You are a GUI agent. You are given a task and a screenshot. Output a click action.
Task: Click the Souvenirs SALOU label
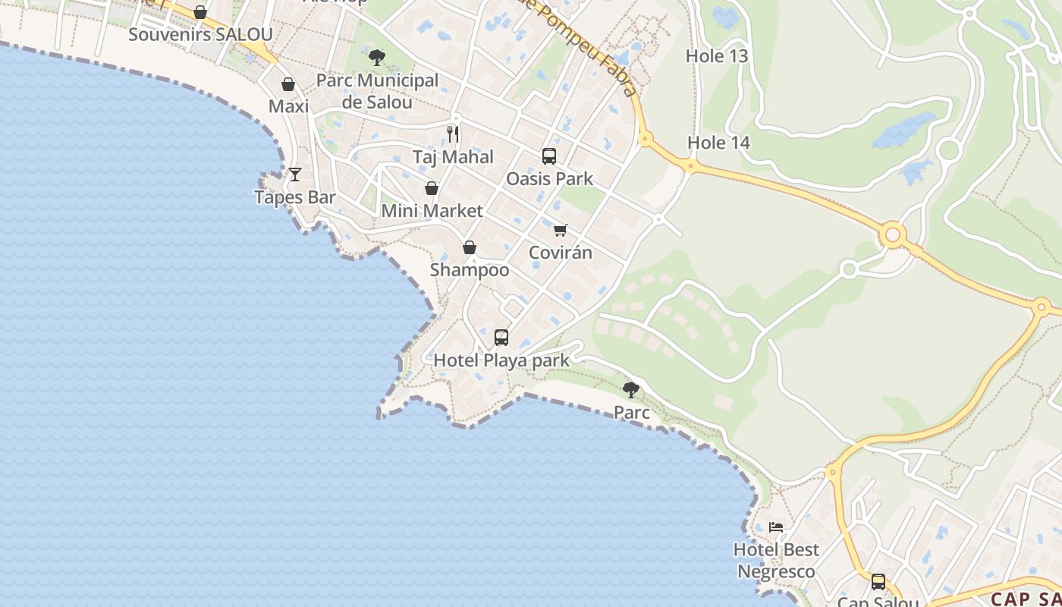click(x=200, y=35)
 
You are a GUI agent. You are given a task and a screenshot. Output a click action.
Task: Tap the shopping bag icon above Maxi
click(x=288, y=84)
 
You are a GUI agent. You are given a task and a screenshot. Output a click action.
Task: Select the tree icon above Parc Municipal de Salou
click(x=376, y=57)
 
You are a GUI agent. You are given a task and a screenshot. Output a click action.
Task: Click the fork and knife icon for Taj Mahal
click(x=453, y=134)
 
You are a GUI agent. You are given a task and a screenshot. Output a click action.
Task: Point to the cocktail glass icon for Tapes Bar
click(x=295, y=175)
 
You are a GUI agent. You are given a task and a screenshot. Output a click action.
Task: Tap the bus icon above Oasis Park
click(x=549, y=156)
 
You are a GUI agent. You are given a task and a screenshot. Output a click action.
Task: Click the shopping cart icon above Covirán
click(x=560, y=230)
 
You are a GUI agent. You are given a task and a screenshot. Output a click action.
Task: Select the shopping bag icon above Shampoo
click(x=470, y=247)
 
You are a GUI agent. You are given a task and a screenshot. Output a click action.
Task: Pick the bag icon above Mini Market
click(x=432, y=188)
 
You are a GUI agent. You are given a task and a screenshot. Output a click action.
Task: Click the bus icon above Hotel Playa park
click(x=501, y=338)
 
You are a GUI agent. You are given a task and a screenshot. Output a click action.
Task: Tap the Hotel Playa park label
click(x=501, y=360)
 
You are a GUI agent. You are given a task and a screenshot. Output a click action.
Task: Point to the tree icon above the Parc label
click(x=630, y=390)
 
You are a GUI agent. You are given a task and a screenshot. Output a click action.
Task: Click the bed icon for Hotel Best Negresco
click(x=776, y=527)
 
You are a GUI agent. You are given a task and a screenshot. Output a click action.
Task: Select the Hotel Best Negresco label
click(x=776, y=560)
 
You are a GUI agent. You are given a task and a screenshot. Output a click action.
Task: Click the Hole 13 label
click(x=717, y=56)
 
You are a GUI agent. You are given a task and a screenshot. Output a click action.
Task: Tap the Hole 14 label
click(x=718, y=143)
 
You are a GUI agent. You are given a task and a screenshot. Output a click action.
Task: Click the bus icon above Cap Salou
click(x=878, y=582)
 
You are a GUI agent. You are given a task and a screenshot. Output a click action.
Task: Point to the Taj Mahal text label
click(x=453, y=157)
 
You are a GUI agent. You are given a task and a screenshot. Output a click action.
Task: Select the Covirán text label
click(x=560, y=253)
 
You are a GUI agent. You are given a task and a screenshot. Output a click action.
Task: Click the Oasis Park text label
click(x=549, y=179)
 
